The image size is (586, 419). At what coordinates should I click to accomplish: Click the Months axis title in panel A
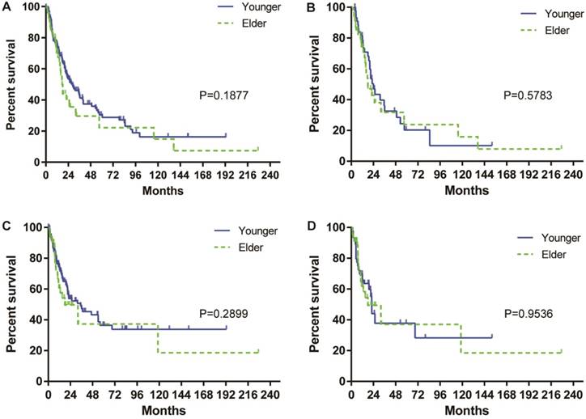163,191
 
